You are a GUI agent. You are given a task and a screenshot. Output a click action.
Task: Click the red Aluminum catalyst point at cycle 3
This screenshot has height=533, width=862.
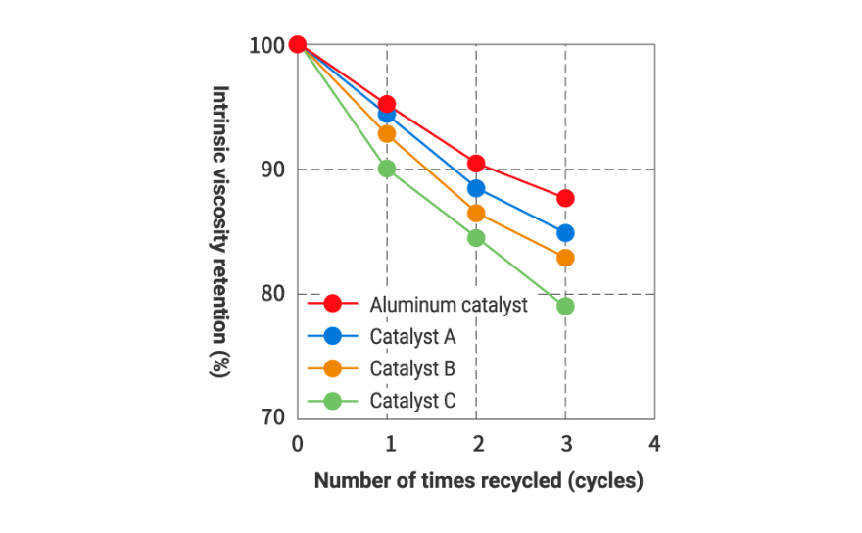[x=565, y=198]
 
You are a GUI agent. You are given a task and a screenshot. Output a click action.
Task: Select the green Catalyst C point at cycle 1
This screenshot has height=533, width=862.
[x=387, y=169]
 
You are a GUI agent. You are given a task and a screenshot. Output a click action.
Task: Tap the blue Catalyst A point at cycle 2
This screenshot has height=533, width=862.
[x=476, y=188]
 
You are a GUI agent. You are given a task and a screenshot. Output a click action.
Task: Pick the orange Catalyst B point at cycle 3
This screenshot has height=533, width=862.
[x=565, y=258]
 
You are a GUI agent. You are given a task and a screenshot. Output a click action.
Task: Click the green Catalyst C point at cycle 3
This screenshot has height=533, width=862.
[x=565, y=306]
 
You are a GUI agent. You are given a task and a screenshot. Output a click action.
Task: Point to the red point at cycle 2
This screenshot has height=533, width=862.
[x=476, y=164]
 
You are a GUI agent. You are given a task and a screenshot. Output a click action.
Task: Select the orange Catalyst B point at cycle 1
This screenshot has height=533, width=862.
[x=387, y=133]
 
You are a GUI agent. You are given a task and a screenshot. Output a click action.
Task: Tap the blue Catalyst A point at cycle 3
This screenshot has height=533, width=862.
[x=565, y=233]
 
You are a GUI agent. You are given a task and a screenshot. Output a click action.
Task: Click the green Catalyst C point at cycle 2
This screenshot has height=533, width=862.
[x=476, y=237]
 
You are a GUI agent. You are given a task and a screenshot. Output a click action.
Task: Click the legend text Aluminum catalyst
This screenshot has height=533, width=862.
[x=449, y=305]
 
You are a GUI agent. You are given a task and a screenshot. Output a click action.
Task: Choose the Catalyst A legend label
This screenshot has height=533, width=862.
[x=412, y=336]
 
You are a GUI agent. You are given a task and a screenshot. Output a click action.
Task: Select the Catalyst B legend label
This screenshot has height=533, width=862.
[x=412, y=368]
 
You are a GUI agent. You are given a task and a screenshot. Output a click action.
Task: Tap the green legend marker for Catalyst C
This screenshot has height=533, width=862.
[x=333, y=400]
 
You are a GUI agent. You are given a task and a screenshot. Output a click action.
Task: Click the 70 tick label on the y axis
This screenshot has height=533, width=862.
[x=274, y=418]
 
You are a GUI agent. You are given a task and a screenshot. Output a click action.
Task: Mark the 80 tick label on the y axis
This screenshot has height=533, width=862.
[x=274, y=294]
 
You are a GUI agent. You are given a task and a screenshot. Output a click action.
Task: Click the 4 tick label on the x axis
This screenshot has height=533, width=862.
[x=654, y=444]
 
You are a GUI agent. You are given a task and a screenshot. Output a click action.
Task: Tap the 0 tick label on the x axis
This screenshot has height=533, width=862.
[x=298, y=444]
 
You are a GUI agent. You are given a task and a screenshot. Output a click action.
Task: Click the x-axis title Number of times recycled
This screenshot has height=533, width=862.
[x=477, y=482]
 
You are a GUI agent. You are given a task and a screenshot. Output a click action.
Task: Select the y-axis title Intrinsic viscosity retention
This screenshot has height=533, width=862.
[x=221, y=231]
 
